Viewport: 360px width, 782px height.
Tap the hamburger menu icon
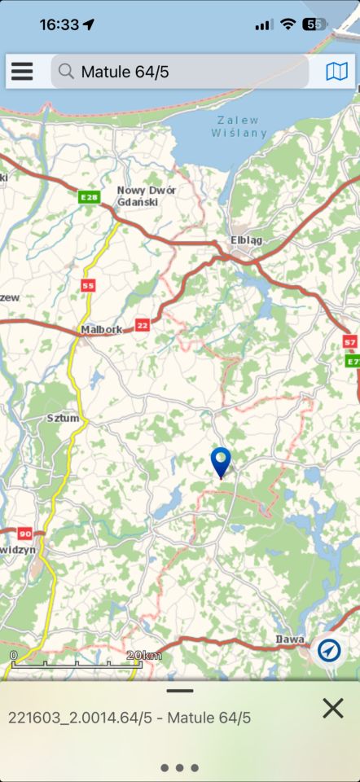[22, 72]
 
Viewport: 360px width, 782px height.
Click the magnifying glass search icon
[67, 72]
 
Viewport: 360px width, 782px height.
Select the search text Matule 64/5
[125, 72]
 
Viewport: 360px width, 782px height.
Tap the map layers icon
[336, 72]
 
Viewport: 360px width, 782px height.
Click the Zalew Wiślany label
[239, 125]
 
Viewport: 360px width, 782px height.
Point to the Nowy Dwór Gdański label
[147, 195]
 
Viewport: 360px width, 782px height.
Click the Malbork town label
[102, 330]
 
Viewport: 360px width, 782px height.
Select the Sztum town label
[63, 418]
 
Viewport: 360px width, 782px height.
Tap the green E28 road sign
[89, 196]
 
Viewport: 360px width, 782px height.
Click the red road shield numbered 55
[88, 285]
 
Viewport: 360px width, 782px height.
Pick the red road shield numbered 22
[143, 324]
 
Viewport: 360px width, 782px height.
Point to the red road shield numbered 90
[24, 534]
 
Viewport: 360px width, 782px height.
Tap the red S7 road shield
[350, 342]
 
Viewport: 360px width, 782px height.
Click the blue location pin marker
[221, 462]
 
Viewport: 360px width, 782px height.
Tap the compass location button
[329, 649]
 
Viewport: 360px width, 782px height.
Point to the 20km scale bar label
[144, 656]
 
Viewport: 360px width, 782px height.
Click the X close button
[332, 708]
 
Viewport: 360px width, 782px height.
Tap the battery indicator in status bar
[315, 24]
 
